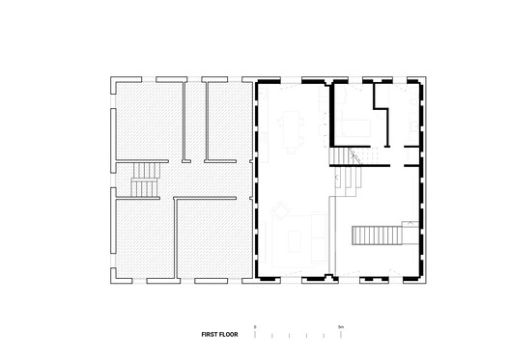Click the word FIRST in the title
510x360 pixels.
pos(211,336)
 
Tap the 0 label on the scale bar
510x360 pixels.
pos(256,328)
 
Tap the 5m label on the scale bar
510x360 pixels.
pos(340,328)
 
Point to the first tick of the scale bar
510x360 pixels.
pos(256,337)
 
